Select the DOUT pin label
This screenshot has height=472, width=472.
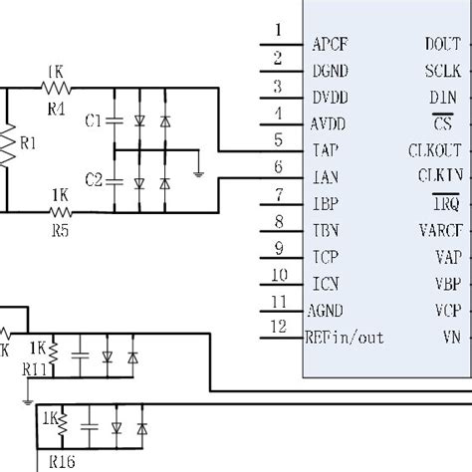click(x=441, y=44)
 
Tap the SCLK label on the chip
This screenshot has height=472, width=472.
click(x=441, y=71)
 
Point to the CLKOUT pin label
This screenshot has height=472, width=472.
click(x=434, y=150)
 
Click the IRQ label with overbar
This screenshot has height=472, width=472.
click(x=446, y=203)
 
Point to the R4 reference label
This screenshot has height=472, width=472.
click(x=57, y=109)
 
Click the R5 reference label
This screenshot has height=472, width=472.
click(x=59, y=229)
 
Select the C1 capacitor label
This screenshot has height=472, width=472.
click(x=94, y=120)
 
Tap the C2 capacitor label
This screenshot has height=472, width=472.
click(x=94, y=180)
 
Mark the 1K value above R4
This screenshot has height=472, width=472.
click(x=57, y=72)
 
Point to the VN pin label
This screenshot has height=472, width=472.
click(x=450, y=337)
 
